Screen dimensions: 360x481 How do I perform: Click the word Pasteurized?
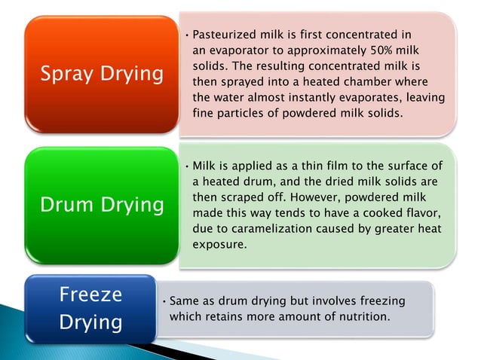tap(225, 35)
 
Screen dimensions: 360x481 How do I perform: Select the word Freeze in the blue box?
tap(90, 294)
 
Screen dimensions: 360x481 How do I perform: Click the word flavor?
tap(423, 212)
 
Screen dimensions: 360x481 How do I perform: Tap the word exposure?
tap(220, 244)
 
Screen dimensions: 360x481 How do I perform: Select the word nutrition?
tap(365, 316)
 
